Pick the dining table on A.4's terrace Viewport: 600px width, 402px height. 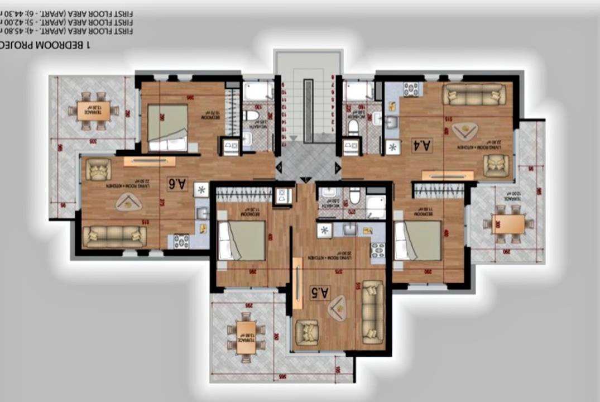tap(508, 224)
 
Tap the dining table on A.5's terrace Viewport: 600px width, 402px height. tap(246, 337)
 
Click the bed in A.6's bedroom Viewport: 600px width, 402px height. tap(167, 127)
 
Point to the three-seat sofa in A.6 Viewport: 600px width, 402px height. tap(115, 236)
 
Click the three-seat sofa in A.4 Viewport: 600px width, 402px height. tap(474, 94)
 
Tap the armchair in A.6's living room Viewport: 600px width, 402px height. tap(99, 169)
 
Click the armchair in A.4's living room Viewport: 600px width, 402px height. tap(495, 165)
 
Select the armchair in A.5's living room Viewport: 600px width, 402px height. tap(306, 333)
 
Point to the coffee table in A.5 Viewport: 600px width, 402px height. tap(337, 308)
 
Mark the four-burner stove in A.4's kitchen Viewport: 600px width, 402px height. tap(411, 89)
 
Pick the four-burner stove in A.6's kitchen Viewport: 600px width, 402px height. tap(181, 241)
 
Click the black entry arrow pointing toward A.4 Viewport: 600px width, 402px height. tap(337, 167)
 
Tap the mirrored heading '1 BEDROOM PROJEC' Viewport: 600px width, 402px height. tap(46, 45)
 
